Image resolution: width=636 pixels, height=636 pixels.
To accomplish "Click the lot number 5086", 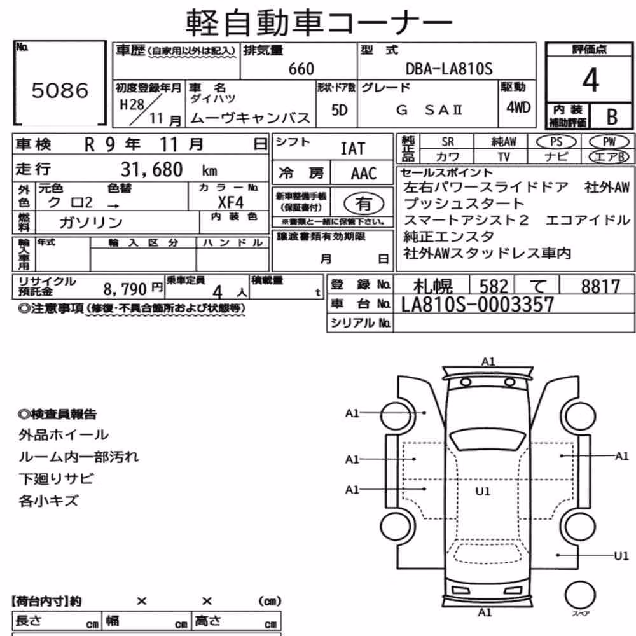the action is pyautogui.click(x=60, y=90).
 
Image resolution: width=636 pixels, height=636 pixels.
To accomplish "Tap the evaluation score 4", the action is pyautogui.click(x=590, y=80).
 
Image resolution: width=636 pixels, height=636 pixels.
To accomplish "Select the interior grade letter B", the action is pyautogui.click(x=612, y=117).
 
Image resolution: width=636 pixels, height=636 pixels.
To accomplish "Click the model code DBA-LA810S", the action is pyautogui.click(x=449, y=69).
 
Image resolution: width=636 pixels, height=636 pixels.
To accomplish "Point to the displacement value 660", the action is pyautogui.click(x=301, y=69).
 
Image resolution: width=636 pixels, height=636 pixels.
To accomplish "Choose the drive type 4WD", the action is pyautogui.click(x=518, y=107).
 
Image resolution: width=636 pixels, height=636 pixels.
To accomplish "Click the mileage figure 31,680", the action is pyautogui.click(x=152, y=169).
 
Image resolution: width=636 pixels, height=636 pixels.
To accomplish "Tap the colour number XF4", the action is pyautogui.click(x=230, y=202).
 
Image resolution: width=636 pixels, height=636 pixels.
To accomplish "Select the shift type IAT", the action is pyautogui.click(x=352, y=149).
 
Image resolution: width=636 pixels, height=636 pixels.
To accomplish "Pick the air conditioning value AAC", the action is pyautogui.click(x=363, y=174).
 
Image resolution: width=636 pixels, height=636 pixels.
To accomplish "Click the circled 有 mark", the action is pyautogui.click(x=363, y=204).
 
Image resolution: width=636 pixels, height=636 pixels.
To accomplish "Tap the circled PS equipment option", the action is pyautogui.click(x=556, y=142).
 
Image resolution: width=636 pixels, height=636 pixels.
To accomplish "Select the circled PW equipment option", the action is pyautogui.click(x=609, y=142).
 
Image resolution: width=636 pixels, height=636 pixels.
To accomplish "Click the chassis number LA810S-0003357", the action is pyautogui.click(x=478, y=305).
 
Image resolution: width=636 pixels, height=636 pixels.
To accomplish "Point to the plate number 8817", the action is pyautogui.click(x=600, y=286).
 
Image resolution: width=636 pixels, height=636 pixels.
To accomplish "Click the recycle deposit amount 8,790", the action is pyautogui.click(x=125, y=289).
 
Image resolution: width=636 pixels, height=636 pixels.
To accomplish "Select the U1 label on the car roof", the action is pyautogui.click(x=483, y=492).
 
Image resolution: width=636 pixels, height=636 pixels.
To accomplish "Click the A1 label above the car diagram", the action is pyautogui.click(x=488, y=361).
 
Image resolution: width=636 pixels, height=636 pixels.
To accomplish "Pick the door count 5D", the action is pyautogui.click(x=339, y=110).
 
